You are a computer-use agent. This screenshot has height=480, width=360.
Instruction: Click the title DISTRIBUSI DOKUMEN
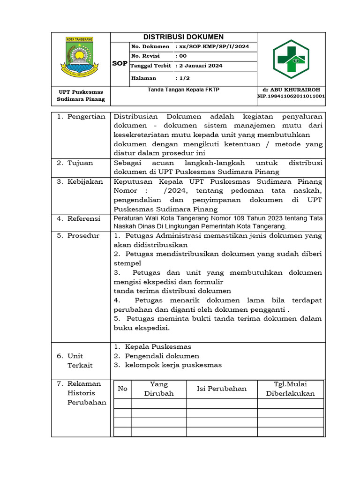click(183, 37)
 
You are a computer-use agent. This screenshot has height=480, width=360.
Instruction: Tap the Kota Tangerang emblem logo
click(81, 57)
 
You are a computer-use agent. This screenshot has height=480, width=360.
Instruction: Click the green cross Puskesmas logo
click(292, 59)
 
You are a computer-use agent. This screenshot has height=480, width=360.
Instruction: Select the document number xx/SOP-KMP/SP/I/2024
click(212, 47)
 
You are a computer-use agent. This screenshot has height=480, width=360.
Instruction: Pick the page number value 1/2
click(183, 78)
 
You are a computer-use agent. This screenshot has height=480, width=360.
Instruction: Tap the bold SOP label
click(120, 63)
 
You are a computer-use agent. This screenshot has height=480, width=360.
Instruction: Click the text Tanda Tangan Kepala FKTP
click(183, 90)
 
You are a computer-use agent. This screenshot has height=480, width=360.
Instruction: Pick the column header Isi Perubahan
click(222, 389)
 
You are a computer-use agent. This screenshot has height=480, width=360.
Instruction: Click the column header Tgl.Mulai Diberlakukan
click(290, 389)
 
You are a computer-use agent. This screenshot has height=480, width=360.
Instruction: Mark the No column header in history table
click(122, 389)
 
